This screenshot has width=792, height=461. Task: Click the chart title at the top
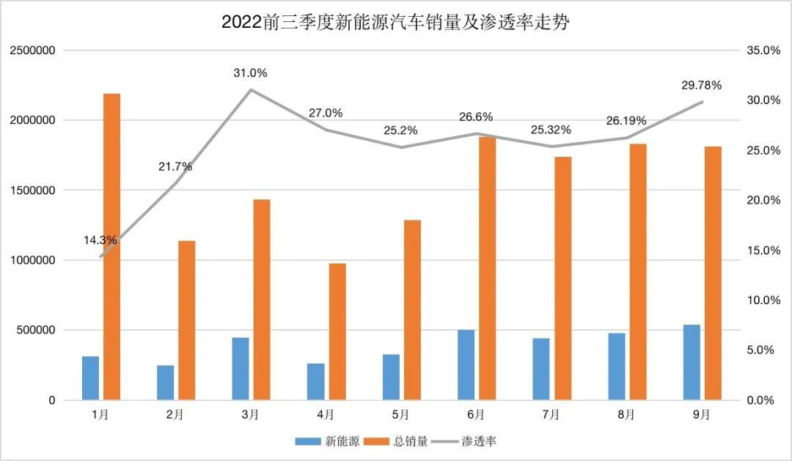(396, 23)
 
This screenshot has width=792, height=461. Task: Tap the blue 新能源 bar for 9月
(692, 362)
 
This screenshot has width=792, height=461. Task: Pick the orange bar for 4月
(337, 331)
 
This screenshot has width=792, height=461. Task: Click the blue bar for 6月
(466, 365)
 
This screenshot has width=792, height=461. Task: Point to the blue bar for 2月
(166, 383)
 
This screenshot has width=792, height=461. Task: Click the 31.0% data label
(250, 73)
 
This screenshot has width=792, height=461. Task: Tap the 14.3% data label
(100, 240)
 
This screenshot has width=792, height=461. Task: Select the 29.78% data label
(702, 85)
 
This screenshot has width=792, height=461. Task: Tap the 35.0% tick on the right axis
(762, 51)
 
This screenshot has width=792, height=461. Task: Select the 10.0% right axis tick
(762, 300)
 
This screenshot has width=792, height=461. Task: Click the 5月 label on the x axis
(400, 415)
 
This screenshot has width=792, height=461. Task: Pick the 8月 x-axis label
(626, 415)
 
